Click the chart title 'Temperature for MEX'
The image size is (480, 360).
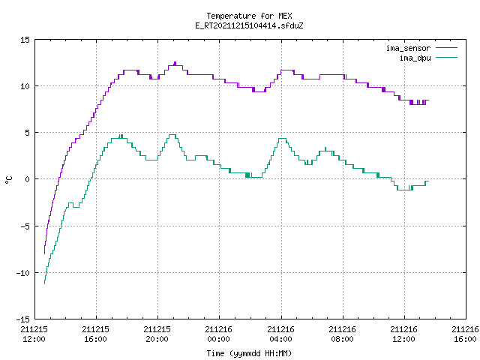point(249,16)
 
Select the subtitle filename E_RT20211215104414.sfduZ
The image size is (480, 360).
point(249,25)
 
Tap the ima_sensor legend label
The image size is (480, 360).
point(408,48)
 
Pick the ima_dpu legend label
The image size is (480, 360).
point(415,58)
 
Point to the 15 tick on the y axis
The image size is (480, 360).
point(25,40)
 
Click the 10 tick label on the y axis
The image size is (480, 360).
point(25,86)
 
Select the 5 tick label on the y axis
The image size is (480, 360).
point(28,133)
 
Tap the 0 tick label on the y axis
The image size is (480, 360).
point(28,179)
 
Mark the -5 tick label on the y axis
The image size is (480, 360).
point(25,226)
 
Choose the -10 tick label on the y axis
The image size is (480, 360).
point(23,273)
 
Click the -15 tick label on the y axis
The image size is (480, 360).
point(23,319)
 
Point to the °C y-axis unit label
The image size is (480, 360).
point(8,180)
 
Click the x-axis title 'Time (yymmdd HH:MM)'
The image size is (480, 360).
point(249,353)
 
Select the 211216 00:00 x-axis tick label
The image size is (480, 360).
point(218,334)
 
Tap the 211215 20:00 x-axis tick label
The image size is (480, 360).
point(157,334)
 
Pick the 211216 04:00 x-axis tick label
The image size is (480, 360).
point(280,334)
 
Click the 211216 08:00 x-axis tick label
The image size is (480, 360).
point(342,334)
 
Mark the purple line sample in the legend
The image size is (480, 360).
point(447,48)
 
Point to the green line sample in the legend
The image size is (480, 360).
point(447,58)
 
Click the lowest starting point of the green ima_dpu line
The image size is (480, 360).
point(45,283)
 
